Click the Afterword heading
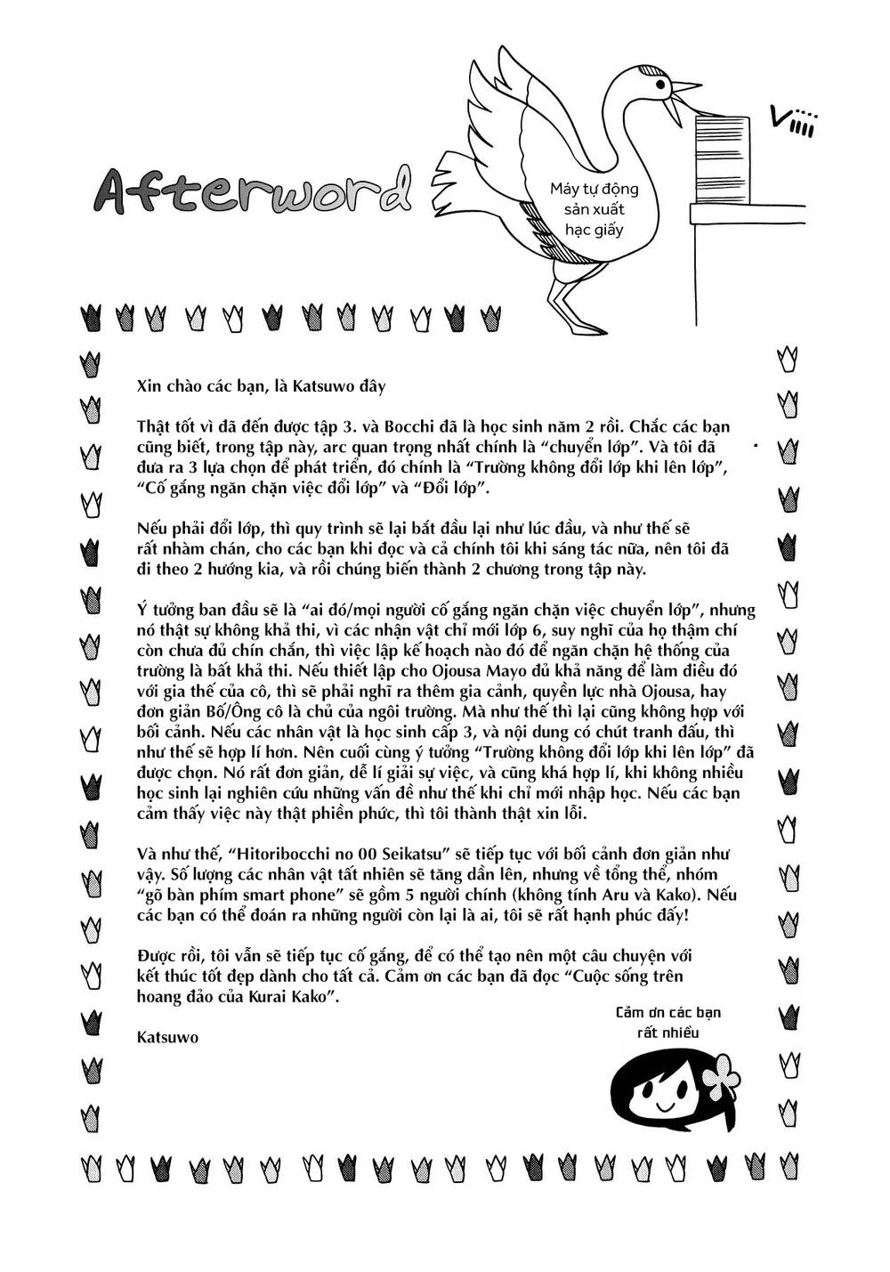(254, 189)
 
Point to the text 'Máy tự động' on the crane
(594, 189)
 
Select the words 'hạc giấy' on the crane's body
(595, 230)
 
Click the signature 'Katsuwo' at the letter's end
(168, 1037)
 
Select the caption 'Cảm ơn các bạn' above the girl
(667, 1013)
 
